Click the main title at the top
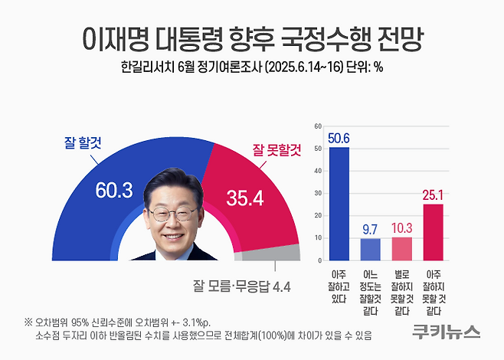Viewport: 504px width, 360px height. click(x=252, y=37)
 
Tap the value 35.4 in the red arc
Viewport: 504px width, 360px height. click(x=245, y=199)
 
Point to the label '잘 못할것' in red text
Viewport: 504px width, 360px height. click(x=277, y=151)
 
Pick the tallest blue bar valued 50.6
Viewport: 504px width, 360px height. click(x=339, y=203)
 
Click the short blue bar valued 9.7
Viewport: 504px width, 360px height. click(x=370, y=249)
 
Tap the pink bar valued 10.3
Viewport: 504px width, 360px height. click(x=402, y=248)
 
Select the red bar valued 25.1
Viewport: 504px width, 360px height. click(x=434, y=231)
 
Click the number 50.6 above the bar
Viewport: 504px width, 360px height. click(x=339, y=138)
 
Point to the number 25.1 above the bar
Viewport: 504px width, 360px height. click(x=434, y=195)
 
